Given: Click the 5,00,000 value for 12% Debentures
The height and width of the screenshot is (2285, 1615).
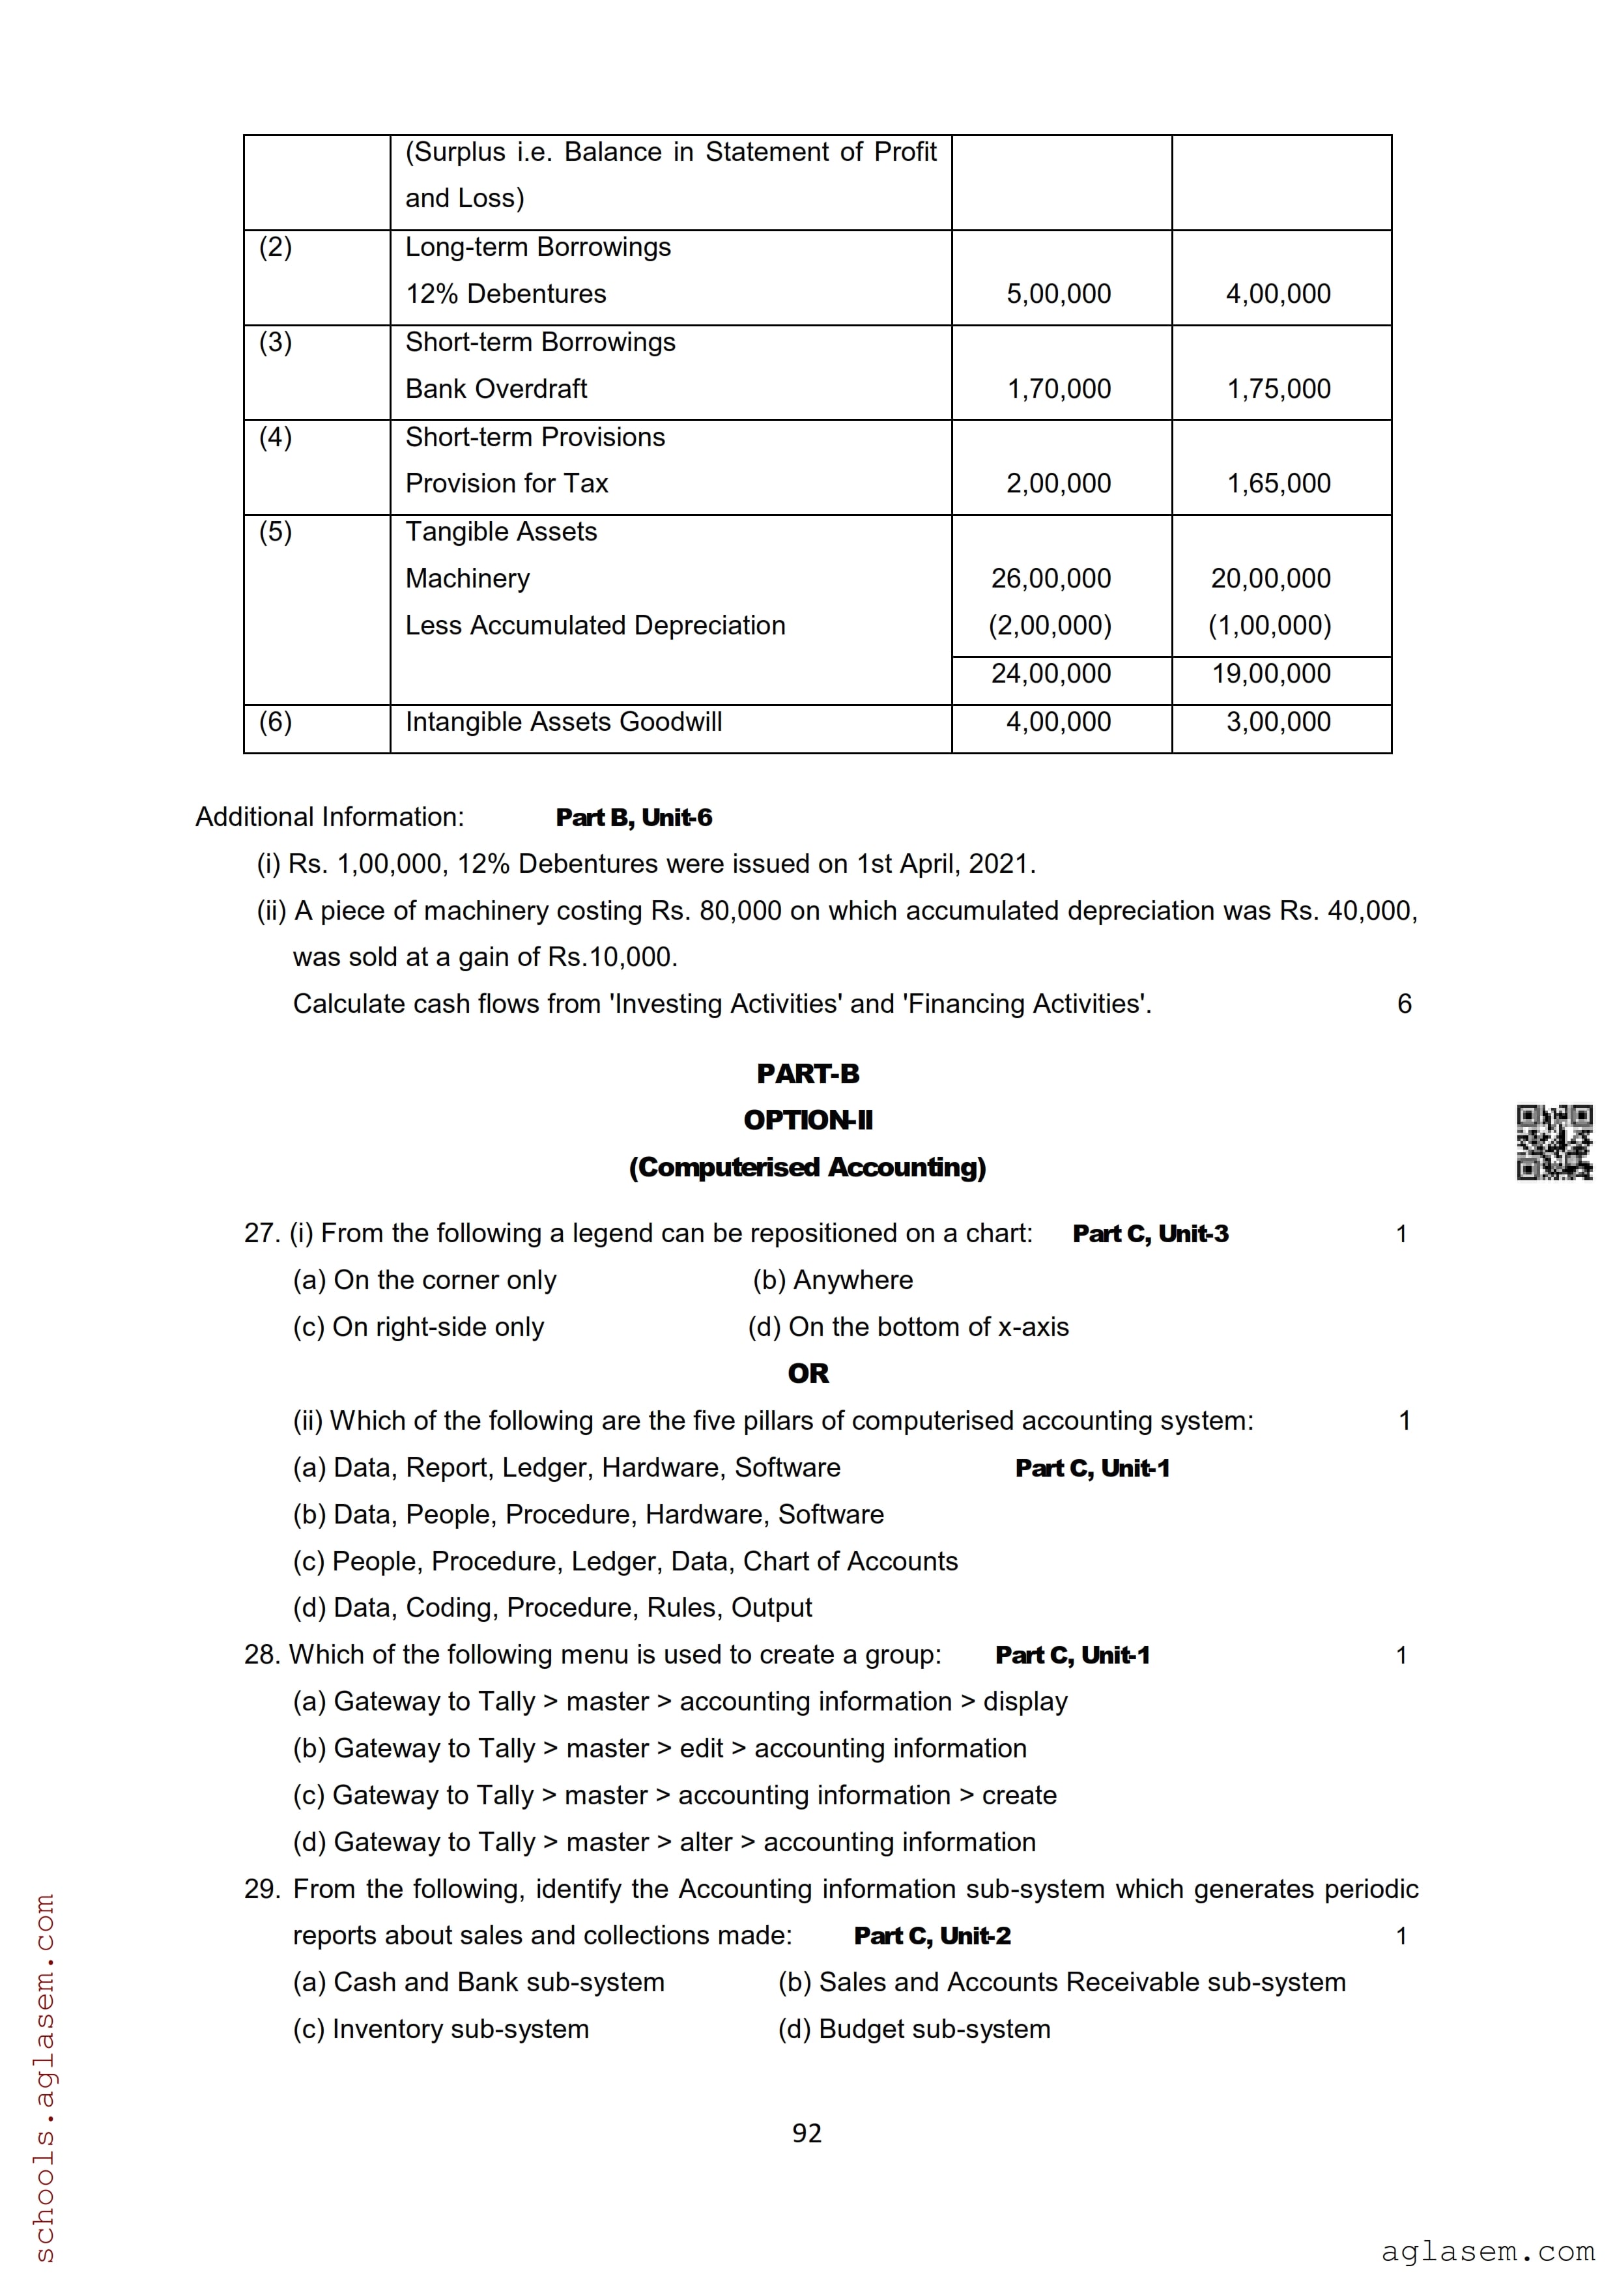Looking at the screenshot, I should tap(1058, 294).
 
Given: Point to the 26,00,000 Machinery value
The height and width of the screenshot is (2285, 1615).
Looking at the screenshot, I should tap(1051, 578).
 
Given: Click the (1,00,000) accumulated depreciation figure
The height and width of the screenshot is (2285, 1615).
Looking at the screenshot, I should tap(1270, 625).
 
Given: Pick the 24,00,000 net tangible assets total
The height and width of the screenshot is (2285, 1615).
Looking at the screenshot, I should tap(1051, 674).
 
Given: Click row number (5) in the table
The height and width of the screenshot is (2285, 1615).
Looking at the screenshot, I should tap(276, 532).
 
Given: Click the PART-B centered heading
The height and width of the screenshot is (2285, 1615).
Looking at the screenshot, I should tap(807, 1074).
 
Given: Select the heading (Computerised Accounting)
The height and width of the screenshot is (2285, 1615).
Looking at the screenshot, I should tap(807, 1167).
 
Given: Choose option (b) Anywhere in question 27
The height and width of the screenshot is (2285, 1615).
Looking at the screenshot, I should tap(833, 1280).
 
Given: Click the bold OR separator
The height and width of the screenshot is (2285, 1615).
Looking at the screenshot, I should tap(807, 1373).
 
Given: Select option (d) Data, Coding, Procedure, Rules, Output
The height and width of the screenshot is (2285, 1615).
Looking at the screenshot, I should tap(552, 1608).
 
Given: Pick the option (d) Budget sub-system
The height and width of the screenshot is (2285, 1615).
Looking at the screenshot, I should tap(913, 2028).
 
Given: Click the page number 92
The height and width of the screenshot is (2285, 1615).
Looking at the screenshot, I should tap(807, 2133).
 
